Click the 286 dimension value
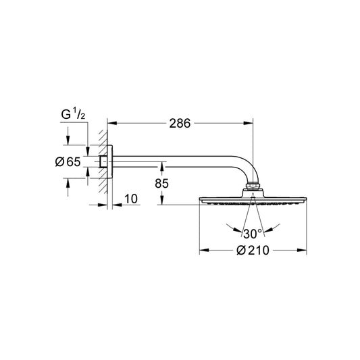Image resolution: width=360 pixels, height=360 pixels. [180, 124]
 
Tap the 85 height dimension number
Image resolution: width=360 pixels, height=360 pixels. [161, 183]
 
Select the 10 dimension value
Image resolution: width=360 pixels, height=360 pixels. [131, 199]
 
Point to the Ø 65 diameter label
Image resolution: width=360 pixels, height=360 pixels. [68, 161]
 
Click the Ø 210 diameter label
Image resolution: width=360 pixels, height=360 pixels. [253, 251]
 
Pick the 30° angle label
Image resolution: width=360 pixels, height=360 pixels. [253, 234]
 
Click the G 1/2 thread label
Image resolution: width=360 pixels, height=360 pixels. [73, 114]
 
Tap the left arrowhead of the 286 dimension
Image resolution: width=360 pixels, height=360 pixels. [112, 124]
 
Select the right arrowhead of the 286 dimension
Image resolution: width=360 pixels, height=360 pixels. [248, 124]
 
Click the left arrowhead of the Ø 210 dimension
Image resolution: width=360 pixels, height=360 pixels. [204, 250]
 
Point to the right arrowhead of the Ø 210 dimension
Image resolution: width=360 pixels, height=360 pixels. [302, 250]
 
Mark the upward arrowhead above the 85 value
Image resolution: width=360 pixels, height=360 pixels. [162, 166]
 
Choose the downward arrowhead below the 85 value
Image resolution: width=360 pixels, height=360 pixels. [162, 200]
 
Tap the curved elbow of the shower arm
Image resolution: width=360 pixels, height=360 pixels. [246, 166]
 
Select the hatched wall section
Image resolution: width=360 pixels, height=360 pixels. [103, 161]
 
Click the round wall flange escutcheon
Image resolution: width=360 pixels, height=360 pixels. [109, 161]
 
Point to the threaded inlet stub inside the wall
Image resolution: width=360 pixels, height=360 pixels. [103, 161]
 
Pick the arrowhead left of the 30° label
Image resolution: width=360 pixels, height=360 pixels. [237, 230]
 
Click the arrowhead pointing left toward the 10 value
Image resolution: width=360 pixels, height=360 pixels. [117, 205]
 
